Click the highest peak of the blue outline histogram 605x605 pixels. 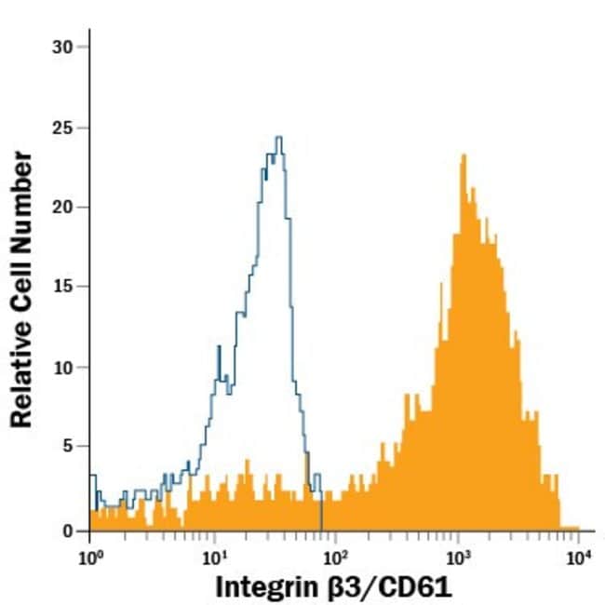click(278, 138)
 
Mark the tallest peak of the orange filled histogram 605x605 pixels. click(463, 155)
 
